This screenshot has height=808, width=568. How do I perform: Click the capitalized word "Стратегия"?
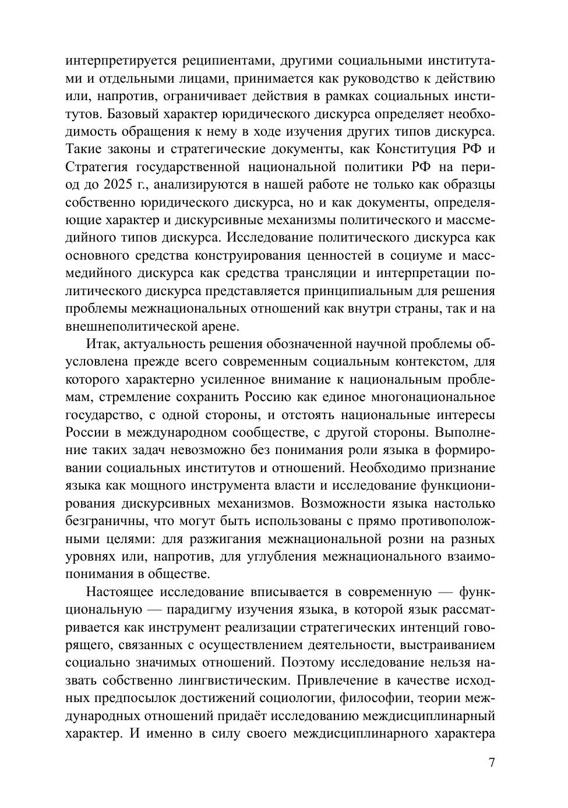point(94,167)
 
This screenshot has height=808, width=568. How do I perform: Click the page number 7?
point(492,763)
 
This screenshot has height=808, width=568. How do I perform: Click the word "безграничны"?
point(100,521)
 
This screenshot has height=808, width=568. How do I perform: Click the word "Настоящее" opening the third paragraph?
point(122,592)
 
